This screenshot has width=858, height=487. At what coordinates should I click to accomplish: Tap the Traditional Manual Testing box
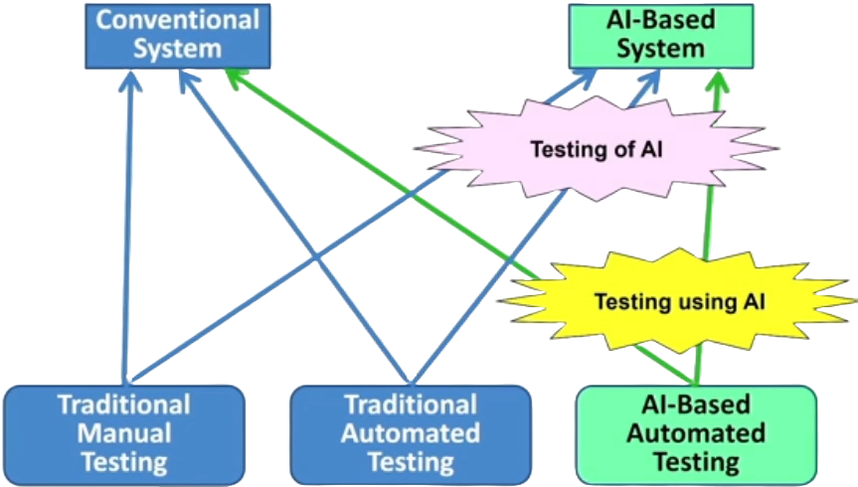point(124,433)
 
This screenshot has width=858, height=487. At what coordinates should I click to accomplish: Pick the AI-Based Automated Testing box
point(697,433)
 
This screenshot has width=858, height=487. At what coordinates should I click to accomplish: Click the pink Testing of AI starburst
point(597,150)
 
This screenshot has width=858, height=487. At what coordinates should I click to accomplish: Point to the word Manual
point(124,433)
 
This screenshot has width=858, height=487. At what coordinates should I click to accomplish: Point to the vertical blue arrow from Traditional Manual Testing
point(126,229)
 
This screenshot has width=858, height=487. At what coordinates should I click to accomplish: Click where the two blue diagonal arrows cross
point(315,259)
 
